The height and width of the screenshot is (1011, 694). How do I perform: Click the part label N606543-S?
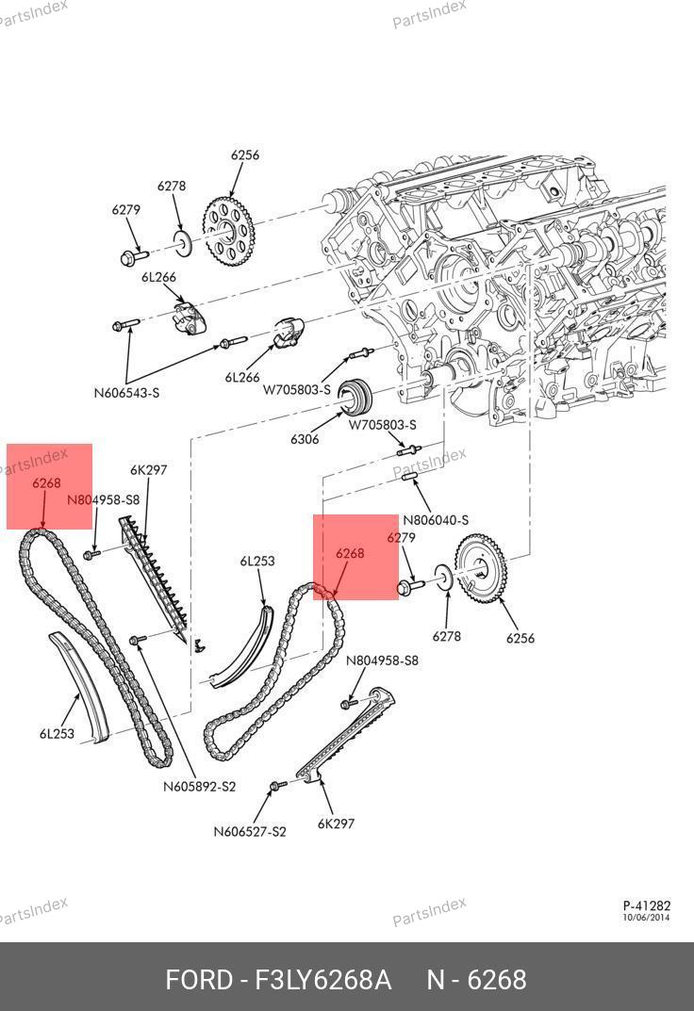pos(126,392)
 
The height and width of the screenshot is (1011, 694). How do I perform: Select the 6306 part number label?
pos(304,439)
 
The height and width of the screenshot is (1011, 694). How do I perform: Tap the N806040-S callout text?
pos(436,519)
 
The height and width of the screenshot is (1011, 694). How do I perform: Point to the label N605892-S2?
pos(199,787)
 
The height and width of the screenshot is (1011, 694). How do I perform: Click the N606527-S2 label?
pos(250,831)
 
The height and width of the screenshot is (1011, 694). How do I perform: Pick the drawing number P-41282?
pos(647,905)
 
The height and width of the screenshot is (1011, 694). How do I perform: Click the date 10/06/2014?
pos(647,918)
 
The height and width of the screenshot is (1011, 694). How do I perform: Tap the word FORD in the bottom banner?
pos(198,980)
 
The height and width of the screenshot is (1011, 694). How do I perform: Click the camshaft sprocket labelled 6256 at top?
pos(227,230)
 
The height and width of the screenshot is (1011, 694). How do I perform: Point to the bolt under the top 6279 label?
pos(132,254)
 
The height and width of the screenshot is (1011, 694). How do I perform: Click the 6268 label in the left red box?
pos(46,483)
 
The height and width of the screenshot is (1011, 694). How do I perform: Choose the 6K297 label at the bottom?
pos(336,823)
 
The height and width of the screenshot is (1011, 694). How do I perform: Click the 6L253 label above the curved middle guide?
pos(256,562)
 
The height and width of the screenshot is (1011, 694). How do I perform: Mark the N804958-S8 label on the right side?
pos(382,660)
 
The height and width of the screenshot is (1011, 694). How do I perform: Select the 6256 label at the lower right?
pos(520,638)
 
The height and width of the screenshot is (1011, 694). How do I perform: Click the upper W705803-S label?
pos(296,389)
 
